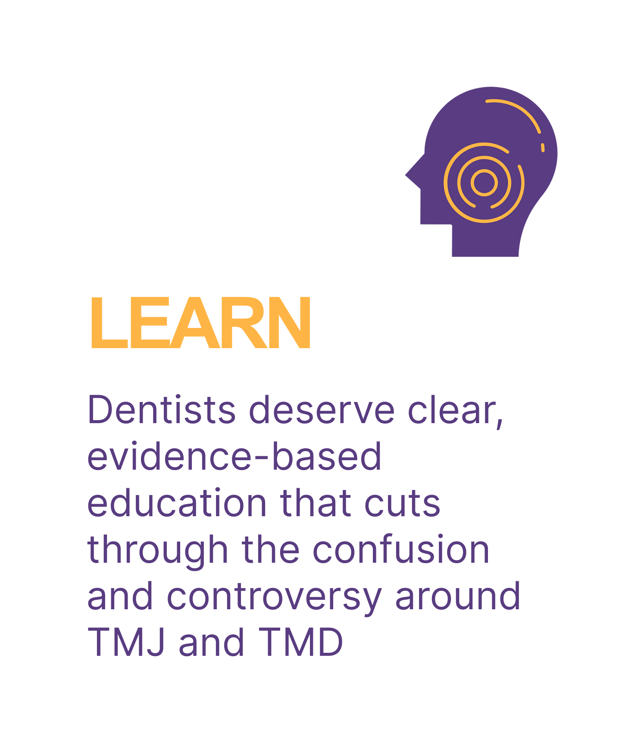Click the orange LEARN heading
coord(200,323)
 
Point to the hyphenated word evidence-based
coord(234,456)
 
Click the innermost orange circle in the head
coord(484,183)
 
